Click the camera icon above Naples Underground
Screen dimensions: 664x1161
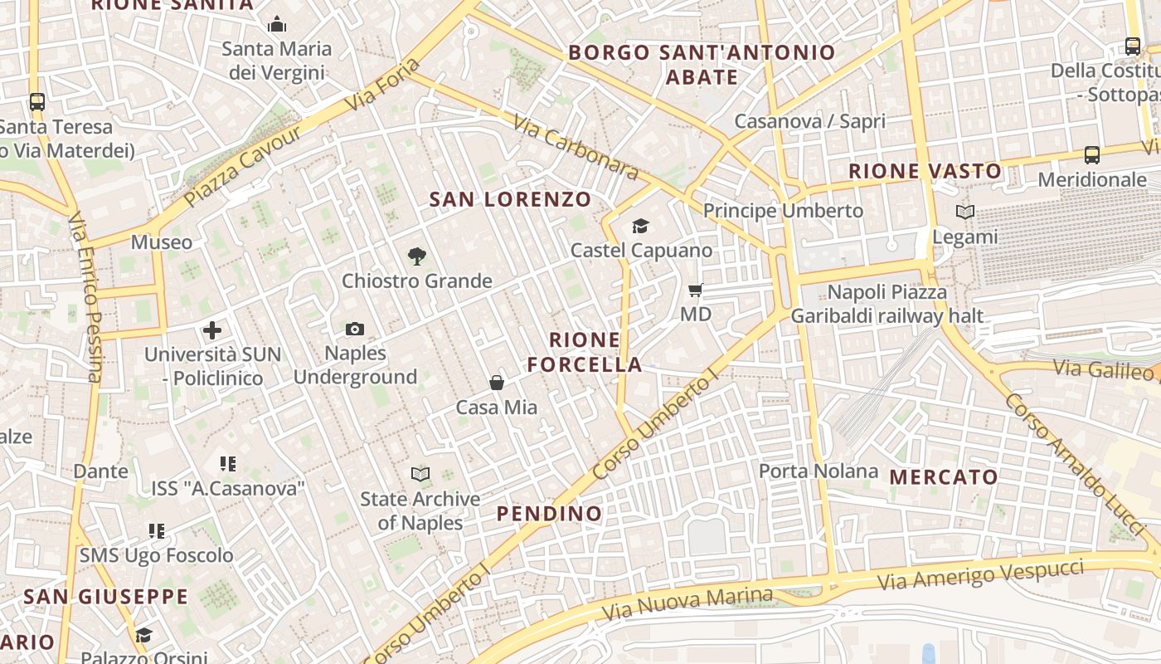355,330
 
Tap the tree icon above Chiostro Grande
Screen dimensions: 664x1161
417,256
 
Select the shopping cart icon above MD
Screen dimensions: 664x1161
696,290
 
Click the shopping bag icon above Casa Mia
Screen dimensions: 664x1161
496,383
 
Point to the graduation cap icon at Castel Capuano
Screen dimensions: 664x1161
640,226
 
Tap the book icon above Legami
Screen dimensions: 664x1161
964,212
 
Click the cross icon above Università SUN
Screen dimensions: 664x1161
212,330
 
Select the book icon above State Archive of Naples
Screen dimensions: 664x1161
420,475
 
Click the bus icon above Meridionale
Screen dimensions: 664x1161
1092,155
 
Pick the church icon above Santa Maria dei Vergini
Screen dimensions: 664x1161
277,24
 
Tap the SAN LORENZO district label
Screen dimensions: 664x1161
510,199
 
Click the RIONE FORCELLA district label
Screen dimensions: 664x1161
585,352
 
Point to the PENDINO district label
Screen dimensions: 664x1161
549,514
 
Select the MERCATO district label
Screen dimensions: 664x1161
943,477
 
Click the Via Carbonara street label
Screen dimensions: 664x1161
575,148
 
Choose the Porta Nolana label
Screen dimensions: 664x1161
819,471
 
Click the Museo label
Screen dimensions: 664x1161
162,242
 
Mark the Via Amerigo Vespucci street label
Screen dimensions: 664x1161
981,574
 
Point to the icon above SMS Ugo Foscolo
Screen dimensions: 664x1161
157,530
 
